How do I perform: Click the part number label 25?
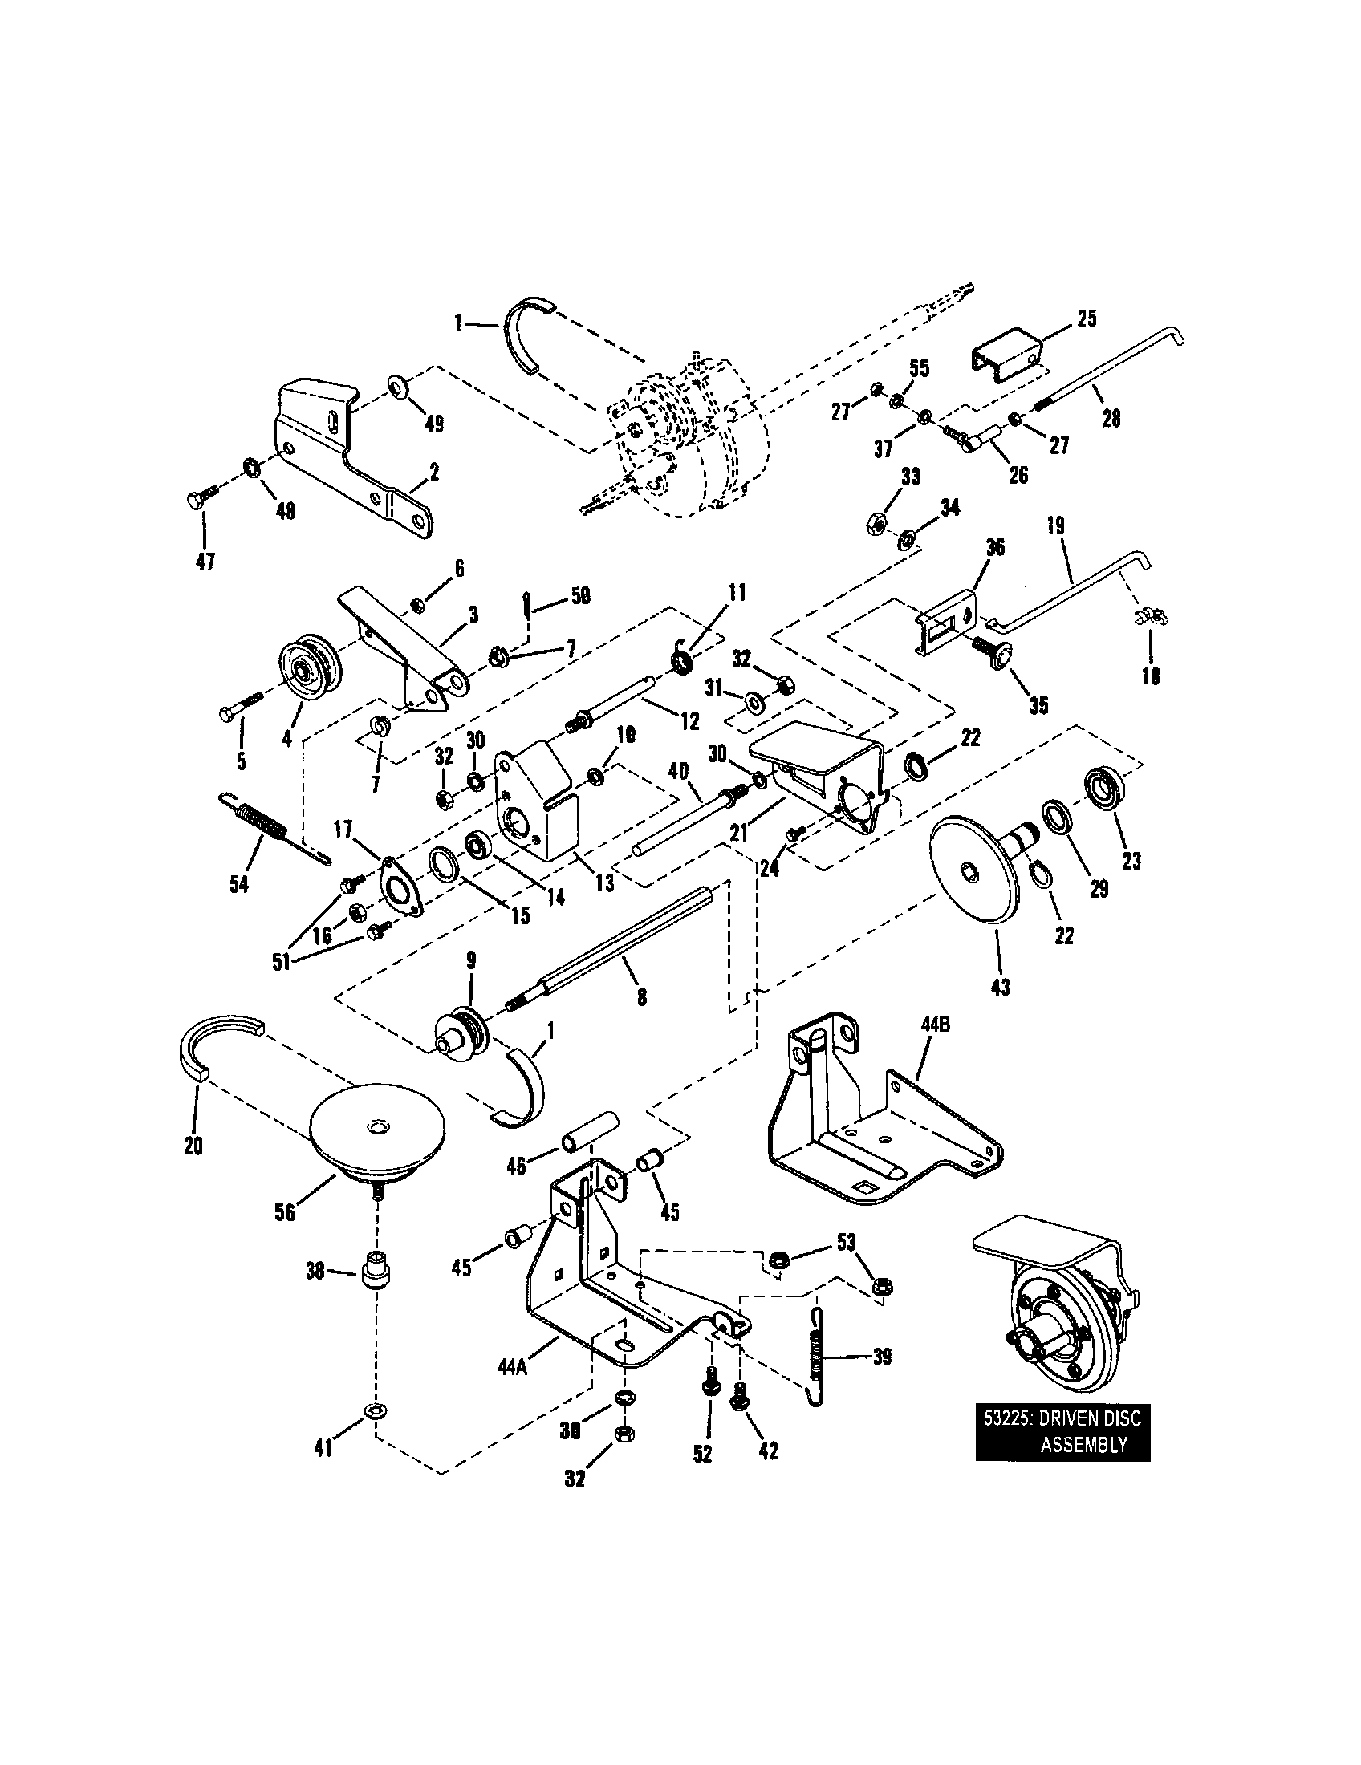pos(1087,319)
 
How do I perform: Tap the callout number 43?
pos(1000,987)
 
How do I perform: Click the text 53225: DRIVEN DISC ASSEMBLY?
pos(1062,1433)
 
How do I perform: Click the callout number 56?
pos(285,1212)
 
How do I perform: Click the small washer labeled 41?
pos(376,1410)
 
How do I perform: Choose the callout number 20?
pos(193,1145)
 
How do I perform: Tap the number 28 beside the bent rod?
pos(1111,418)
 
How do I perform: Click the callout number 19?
pos(1055,527)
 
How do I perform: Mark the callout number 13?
pos(604,883)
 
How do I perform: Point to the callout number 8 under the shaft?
pos(641,997)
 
